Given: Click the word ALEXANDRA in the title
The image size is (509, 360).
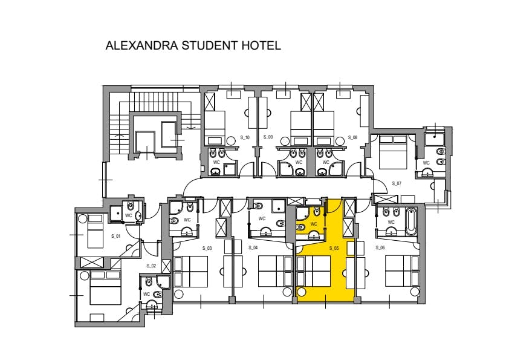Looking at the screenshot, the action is click(x=142, y=45).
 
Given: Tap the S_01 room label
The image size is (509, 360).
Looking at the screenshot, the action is click(x=116, y=236).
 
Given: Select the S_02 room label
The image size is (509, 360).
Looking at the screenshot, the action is click(x=151, y=266).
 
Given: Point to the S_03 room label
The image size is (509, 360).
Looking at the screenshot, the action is click(x=207, y=248).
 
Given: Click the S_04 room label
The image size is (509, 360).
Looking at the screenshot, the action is click(x=253, y=247).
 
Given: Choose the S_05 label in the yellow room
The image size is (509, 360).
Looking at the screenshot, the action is click(x=334, y=248).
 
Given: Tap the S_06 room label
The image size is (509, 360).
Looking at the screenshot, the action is click(x=380, y=247).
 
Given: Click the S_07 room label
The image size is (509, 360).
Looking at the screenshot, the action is click(x=397, y=183).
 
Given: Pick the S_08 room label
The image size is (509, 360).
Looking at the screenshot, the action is click(x=352, y=137).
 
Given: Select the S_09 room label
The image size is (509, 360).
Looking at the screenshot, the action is click(x=268, y=137).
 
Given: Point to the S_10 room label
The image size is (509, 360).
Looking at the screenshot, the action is click(x=245, y=137).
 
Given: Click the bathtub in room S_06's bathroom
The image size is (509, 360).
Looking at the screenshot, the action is click(x=410, y=222).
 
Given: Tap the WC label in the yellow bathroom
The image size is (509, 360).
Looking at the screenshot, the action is click(x=314, y=224).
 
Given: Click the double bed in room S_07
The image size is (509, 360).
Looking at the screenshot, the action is click(x=393, y=152).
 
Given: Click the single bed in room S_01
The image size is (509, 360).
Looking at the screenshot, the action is click(x=95, y=231).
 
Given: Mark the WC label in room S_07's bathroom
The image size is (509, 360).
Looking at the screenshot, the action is click(x=426, y=163).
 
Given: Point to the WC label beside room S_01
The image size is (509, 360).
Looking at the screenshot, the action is click(x=129, y=215).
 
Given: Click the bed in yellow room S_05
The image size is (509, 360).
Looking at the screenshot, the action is click(x=314, y=271).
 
